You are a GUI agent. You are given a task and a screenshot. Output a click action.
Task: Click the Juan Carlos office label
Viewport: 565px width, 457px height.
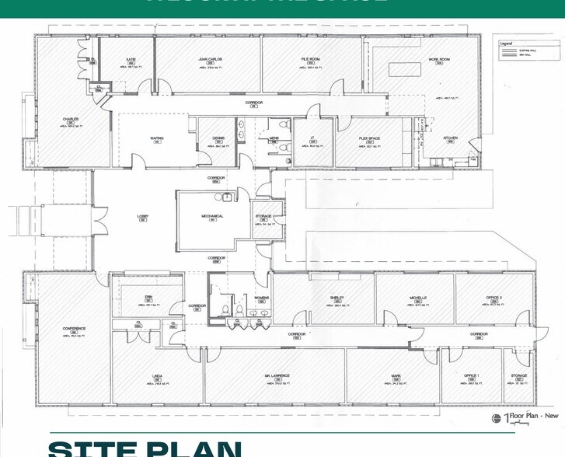(x=211, y=59)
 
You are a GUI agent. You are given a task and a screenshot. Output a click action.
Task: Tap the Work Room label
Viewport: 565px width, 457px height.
(x=440, y=59)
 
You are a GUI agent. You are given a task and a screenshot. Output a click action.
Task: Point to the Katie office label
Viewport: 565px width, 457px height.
(x=131, y=59)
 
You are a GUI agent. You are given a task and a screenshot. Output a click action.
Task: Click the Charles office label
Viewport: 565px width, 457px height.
(x=71, y=119)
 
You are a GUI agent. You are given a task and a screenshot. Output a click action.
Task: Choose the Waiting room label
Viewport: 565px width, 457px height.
(x=156, y=139)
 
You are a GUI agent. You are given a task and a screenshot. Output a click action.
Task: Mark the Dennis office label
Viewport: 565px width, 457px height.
(x=218, y=138)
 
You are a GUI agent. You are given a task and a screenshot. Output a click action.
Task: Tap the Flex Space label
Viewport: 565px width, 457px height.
(x=368, y=138)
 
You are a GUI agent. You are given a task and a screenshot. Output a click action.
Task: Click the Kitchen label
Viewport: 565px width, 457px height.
(x=450, y=138)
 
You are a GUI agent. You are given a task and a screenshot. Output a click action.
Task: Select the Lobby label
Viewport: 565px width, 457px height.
(x=143, y=216)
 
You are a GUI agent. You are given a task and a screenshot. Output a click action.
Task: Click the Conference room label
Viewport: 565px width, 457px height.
(x=74, y=329)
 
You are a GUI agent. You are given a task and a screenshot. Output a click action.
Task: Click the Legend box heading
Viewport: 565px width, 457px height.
(x=507, y=44)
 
